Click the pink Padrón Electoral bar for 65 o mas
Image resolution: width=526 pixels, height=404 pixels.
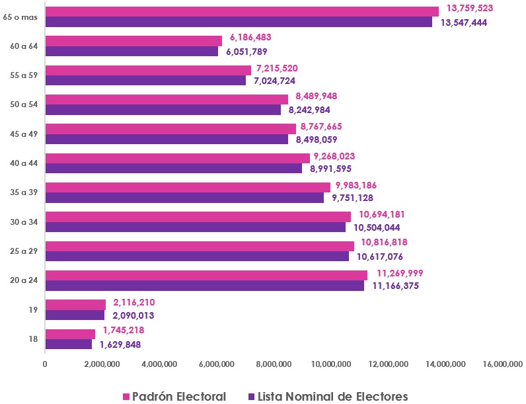click(x=242, y=11)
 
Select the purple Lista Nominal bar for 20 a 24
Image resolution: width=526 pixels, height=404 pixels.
click(x=204, y=286)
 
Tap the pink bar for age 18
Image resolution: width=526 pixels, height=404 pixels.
click(x=70, y=334)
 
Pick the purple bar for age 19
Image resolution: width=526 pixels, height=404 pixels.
click(x=75, y=315)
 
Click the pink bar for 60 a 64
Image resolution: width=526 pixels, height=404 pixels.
click(x=133, y=41)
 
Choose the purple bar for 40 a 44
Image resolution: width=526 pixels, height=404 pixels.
click(x=173, y=169)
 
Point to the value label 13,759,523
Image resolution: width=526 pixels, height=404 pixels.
click(x=470, y=8)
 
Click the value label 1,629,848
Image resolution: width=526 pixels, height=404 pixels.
click(x=120, y=344)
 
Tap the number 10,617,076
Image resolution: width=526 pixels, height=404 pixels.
click(x=380, y=257)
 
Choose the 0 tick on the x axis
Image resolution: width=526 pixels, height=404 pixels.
click(x=45, y=364)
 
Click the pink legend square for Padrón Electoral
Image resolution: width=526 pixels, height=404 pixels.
click(x=127, y=397)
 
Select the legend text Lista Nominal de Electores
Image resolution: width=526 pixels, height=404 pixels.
click(x=333, y=396)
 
